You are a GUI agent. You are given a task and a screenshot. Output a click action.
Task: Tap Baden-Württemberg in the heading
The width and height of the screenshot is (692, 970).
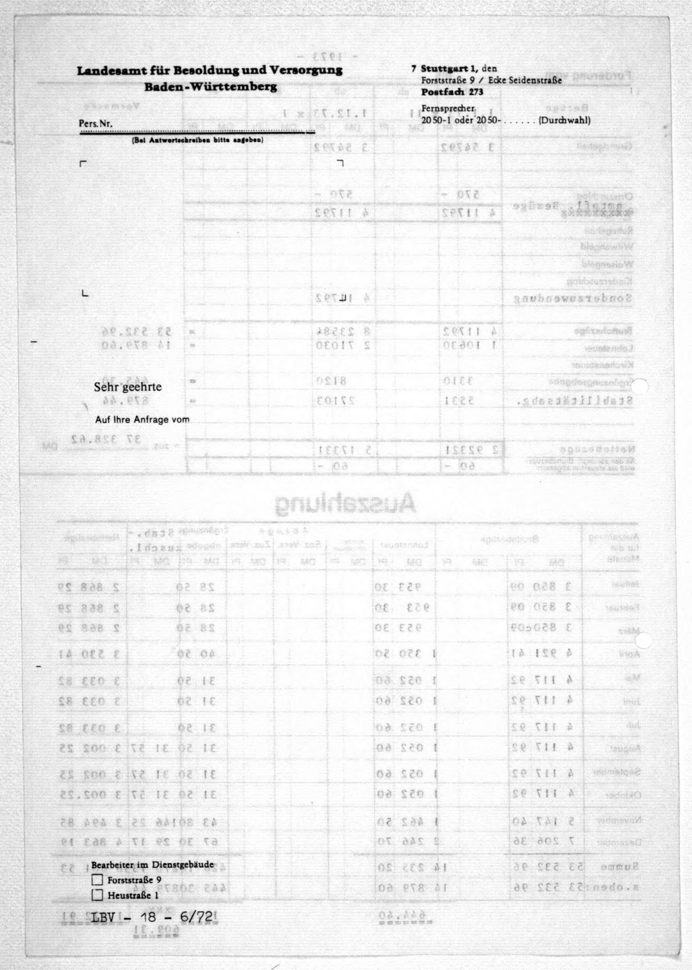(x=211, y=87)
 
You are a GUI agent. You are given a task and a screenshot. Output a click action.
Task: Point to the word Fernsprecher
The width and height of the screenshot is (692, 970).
(x=448, y=109)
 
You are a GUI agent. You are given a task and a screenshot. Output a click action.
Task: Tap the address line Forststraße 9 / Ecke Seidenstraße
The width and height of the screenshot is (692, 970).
(x=491, y=80)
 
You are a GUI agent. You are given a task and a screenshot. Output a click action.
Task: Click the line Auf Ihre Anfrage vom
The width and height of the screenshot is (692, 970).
(x=142, y=419)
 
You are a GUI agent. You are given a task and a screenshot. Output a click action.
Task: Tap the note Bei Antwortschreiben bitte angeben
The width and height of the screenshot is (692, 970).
(x=197, y=140)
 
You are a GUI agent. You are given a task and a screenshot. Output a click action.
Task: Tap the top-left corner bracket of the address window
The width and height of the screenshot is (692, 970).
(x=83, y=163)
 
